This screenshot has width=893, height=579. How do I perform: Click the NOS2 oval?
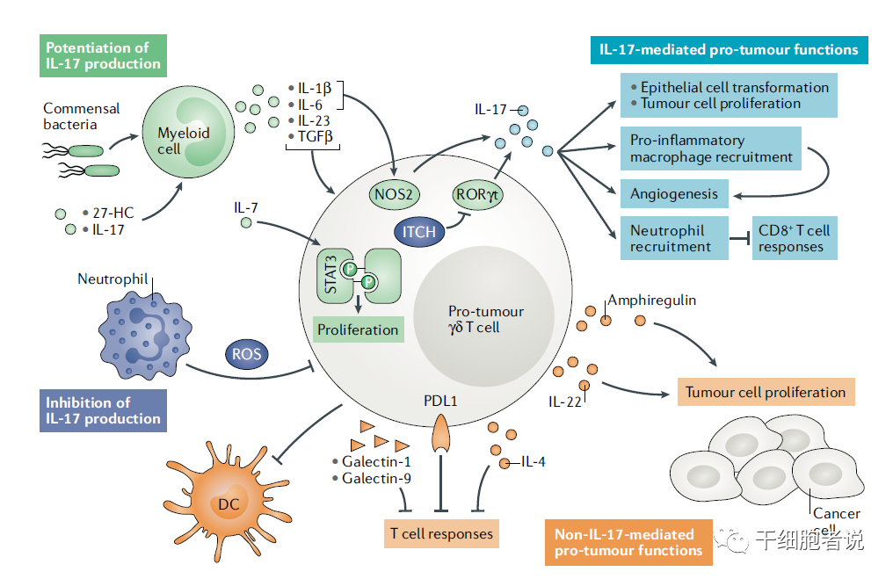pos(394,194)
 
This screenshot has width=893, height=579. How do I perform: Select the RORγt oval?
pos(477,194)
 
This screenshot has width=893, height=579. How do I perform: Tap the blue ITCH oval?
pos(419,232)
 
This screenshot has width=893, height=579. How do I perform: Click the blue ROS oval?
pos(247,353)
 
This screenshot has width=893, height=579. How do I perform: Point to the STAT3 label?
pos(330,275)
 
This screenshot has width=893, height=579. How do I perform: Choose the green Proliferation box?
pos(359,329)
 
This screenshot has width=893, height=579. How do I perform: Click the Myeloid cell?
pos(188,132)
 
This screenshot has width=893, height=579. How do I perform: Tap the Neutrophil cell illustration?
pos(145,336)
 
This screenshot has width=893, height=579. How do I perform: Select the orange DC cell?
pos(227,501)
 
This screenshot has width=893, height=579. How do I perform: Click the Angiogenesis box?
pos(674,193)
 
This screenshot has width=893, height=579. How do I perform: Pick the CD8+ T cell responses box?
pos(795,238)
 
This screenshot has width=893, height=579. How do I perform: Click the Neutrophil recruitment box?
pos(674,238)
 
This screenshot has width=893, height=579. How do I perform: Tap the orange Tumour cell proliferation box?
pos(766,392)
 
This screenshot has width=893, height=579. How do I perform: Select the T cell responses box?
pos(441,533)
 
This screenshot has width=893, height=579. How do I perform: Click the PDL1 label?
pos(440,401)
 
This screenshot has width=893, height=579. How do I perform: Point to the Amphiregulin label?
pos(652,300)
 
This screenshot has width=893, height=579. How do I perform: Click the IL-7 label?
pos(245,208)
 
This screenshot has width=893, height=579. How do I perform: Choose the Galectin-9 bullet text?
pos(372,478)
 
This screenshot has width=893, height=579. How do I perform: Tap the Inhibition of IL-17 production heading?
pos(103,410)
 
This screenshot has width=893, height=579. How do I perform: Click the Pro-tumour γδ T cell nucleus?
pos(483,316)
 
